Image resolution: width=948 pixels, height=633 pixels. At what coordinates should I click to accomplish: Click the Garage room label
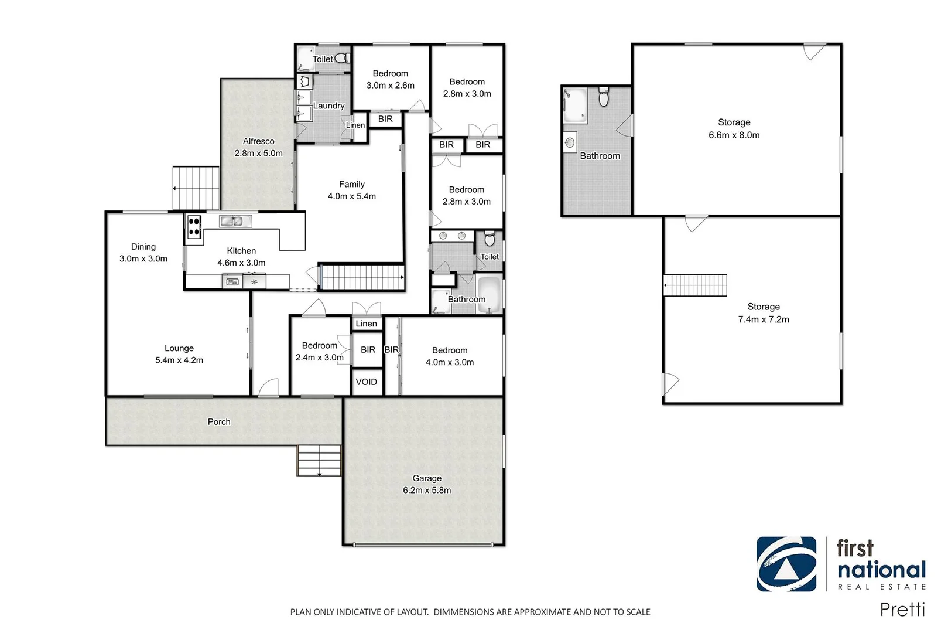coord(427,478)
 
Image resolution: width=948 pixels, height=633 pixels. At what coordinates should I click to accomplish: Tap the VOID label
coord(367,382)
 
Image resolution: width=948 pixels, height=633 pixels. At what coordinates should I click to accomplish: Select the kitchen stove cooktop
coord(194,227)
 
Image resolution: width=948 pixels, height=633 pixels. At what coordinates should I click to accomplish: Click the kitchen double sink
coord(235,221)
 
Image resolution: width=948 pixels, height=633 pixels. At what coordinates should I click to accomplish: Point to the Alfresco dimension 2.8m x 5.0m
coord(258,153)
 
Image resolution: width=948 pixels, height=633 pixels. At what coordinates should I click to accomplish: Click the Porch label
coord(219,421)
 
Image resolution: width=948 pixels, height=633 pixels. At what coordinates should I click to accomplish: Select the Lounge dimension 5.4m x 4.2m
coord(179,360)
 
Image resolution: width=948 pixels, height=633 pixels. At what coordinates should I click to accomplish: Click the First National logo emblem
coord(786,564)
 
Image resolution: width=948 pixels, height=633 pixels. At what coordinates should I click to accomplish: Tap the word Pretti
coord(902,610)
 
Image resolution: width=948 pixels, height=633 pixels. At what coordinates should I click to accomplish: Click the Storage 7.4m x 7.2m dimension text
coord(763,319)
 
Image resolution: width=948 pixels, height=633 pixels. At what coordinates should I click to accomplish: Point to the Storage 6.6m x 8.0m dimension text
coord(734,135)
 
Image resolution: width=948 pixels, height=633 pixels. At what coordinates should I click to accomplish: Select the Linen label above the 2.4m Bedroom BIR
coord(367,324)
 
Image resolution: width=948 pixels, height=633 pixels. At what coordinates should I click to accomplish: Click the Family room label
coord(351,184)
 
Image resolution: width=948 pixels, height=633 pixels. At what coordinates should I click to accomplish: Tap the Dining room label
coord(143,247)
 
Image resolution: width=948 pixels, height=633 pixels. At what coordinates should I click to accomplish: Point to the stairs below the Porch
coord(319,460)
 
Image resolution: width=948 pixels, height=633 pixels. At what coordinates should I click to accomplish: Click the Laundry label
coord(328,105)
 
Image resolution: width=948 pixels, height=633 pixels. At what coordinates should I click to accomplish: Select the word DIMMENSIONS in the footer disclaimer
coord(463,612)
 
